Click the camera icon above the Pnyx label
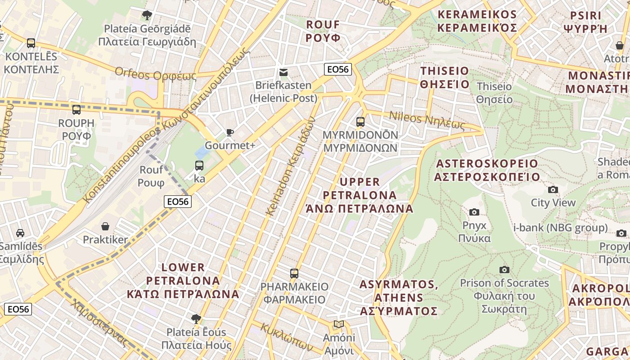(474, 212)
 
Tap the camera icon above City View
(553, 189)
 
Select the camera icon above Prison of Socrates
(504, 270)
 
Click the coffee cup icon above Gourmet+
(230, 132)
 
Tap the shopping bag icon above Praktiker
(105, 226)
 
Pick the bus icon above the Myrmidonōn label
(360, 121)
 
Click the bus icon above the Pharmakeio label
(294, 273)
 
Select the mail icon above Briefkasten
(283, 72)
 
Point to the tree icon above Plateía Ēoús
(196, 319)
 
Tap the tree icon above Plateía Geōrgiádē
(147, 15)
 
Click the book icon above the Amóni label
(338, 324)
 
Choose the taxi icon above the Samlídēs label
(20, 233)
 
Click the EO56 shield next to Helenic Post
(337, 69)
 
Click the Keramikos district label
(477, 21)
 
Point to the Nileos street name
(426, 120)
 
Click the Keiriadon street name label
(290, 166)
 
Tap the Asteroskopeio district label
(486, 170)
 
